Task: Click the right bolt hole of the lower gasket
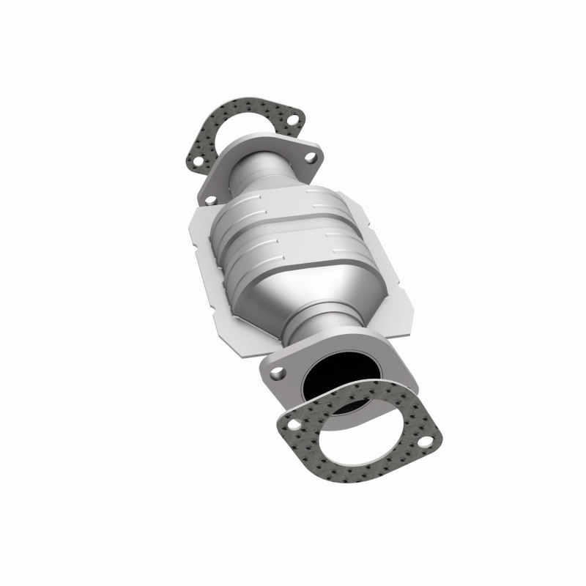coord(423,441)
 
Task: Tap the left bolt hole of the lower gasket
coord(292,423)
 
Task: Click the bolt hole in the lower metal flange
coord(276,373)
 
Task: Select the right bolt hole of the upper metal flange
coord(311,157)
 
